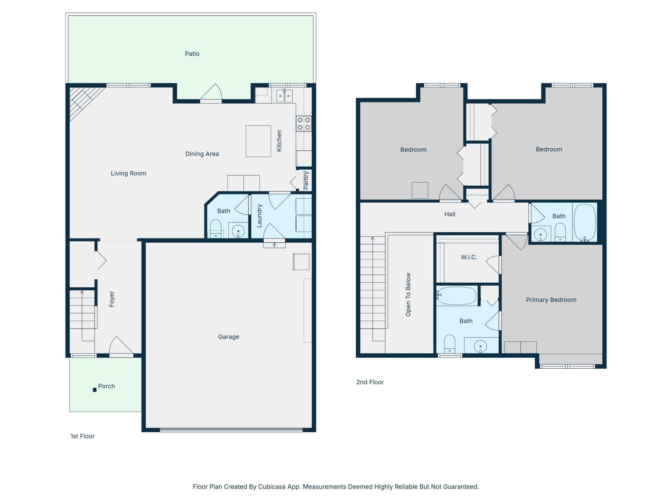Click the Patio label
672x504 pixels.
pyautogui.click(x=192, y=54)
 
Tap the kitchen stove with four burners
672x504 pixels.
pyautogui.click(x=304, y=123)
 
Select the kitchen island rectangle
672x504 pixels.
pyautogui.click(x=258, y=141)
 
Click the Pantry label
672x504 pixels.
pyautogui.click(x=306, y=180)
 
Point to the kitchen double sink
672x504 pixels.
pyautogui.click(x=284, y=96)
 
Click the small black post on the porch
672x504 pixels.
pyautogui.click(x=94, y=390)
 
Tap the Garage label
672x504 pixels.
pyautogui.click(x=228, y=337)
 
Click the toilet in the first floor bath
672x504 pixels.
pyautogui.click(x=215, y=228)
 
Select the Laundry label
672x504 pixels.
pyautogui.click(x=259, y=216)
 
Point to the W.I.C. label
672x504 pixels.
pyautogui.click(x=469, y=257)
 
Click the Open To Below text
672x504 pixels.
pyautogui.click(x=408, y=295)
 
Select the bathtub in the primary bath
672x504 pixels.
pyautogui.click(x=457, y=296)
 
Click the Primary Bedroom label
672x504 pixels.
pyautogui.click(x=551, y=300)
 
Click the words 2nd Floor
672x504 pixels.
pyautogui.click(x=370, y=382)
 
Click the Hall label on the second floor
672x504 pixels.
pyautogui.click(x=449, y=214)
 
